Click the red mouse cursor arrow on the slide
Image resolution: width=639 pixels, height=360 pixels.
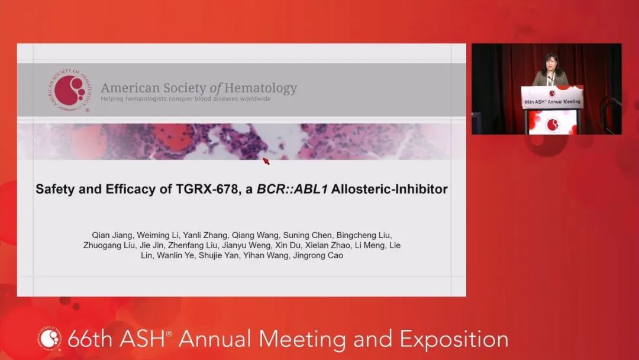[266, 160]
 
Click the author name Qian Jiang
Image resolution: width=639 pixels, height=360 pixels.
[101, 235]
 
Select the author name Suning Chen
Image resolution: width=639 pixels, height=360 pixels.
[286, 235]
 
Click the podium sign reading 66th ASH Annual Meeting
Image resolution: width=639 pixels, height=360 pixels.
[552, 101]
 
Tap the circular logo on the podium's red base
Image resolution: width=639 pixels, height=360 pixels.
[553, 124]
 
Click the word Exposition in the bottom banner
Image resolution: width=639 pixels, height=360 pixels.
[454, 339]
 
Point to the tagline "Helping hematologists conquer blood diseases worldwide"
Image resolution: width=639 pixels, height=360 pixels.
[185, 99]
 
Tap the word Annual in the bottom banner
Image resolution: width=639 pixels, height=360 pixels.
[216, 339]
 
